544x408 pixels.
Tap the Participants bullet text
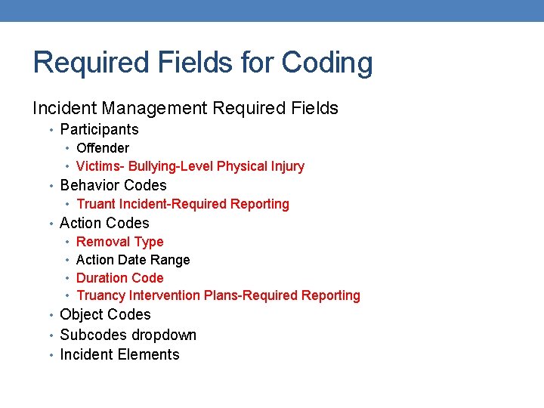[99, 129]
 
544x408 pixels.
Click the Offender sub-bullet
[103, 148]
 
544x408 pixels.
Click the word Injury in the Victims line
[286, 166]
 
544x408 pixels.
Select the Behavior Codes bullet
[113, 185]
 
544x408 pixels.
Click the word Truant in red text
[96, 204]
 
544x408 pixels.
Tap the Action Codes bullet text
[104, 223]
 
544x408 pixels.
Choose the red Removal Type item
[119, 242]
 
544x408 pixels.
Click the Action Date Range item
[133, 260]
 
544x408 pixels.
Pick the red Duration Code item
[119, 278]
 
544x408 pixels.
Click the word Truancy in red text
[100, 295]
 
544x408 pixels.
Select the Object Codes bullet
[105, 314]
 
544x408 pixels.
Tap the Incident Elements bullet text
[119, 354]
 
